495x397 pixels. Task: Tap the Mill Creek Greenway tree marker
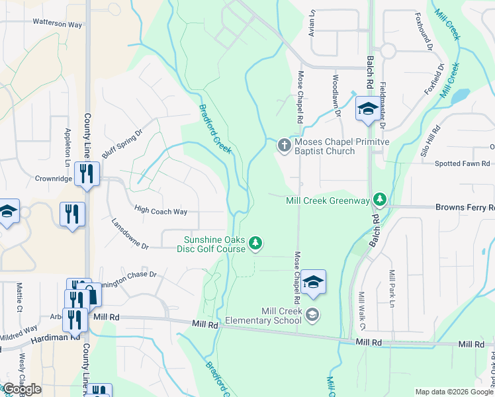click(x=379, y=199)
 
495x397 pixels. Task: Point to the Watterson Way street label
click(x=58, y=23)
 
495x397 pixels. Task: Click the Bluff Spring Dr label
click(x=122, y=144)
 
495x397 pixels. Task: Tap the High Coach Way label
click(x=161, y=212)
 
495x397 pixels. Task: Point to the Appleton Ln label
click(x=67, y=148)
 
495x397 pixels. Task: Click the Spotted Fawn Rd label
click(x=462, y=163)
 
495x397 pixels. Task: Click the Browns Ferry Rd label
click(x=465, y=207)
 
